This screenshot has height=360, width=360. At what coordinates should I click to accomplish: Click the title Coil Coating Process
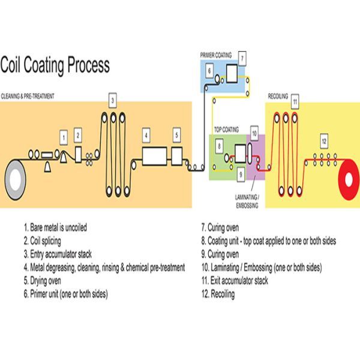55,64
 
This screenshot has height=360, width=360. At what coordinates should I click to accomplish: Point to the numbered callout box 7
242,58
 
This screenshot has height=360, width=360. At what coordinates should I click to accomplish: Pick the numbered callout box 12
323,142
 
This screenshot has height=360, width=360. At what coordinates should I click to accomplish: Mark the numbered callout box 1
64,139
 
